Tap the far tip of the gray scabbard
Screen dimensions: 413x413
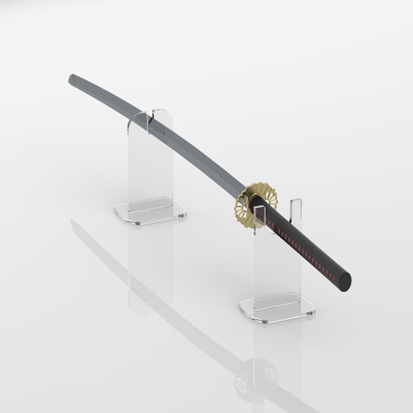[72, 78]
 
